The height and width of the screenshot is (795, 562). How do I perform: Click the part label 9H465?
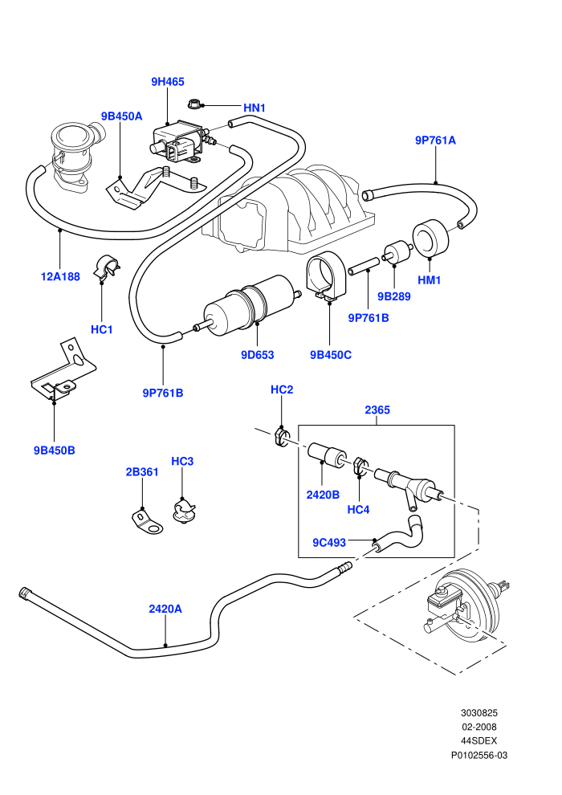coord(168,82)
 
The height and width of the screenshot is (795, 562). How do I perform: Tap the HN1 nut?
coord(194,103)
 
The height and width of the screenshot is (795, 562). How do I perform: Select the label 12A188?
coord(60,276)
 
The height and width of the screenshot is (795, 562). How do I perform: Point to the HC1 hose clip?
coord(107,266)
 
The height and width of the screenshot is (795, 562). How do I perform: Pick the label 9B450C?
coord(331,355)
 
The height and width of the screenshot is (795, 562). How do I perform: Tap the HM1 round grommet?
coord(430,238)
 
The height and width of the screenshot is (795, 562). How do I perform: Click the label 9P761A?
coord(435,141)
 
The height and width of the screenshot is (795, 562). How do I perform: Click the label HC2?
coord(282,389)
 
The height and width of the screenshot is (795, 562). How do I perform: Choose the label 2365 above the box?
coord(377,410)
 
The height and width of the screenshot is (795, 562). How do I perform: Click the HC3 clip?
coord(183,510)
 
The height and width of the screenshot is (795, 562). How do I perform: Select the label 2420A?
coord(165,609)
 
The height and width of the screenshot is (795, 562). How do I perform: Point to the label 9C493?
coord(329,543)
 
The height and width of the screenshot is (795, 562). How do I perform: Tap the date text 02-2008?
coord(479,727)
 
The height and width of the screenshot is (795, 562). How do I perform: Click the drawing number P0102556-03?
coord(479,755)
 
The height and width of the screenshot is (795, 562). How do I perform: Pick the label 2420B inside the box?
coord(323,495)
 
